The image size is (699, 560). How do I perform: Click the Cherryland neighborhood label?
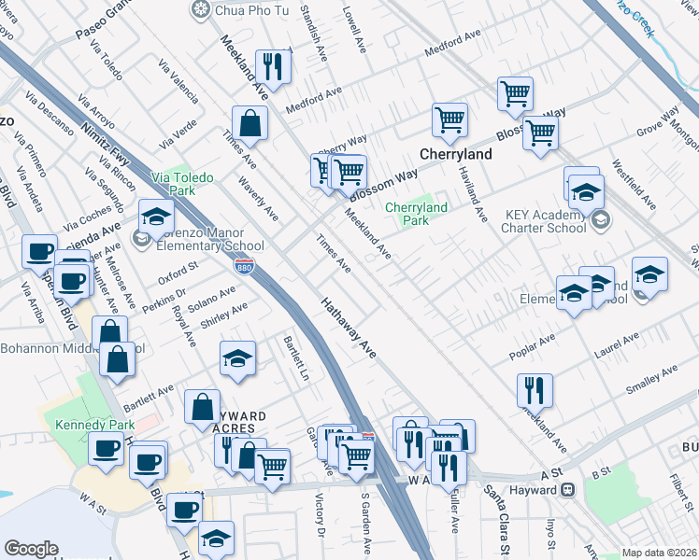coord(457,152)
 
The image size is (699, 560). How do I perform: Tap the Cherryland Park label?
coord(416,214)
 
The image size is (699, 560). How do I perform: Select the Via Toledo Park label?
coord(183,183)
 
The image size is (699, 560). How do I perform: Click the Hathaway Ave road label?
coord(349,329)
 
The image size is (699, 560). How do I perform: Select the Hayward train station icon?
coord(567,489)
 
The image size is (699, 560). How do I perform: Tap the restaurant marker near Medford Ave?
coord(273,64)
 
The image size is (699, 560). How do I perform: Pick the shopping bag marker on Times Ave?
coord(250,122)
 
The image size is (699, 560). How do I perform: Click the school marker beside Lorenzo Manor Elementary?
coord(156,217)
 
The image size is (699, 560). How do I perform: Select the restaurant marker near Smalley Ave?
coord(535,389)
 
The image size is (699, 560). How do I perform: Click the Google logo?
coord(31,549)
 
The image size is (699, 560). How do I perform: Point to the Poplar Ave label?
coord(533,346)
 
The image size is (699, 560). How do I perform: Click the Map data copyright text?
coord(659,553)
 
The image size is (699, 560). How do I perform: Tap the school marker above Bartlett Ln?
coord(237,357)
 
